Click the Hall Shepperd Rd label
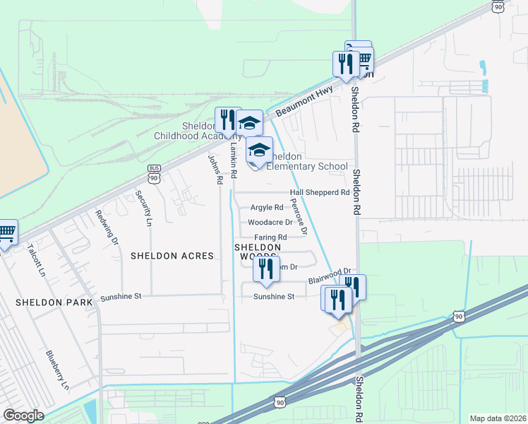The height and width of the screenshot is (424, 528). click(x=320, y=192)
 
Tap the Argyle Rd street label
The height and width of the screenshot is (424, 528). click(x=267, y=208)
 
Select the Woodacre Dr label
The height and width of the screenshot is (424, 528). click(x=270, y=222)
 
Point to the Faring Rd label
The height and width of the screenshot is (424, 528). click(x=270, y=237)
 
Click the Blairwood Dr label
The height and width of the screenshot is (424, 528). click(x=330, y=276)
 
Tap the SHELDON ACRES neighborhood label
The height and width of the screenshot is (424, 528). click(x=172, y=256)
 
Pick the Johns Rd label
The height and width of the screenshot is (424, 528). click(x=214, y=170)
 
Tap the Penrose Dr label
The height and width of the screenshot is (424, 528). click(x=299, y=216)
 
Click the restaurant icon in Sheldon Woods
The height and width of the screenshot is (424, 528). click(x=266, y=269)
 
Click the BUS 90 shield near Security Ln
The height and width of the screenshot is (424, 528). click(x=155, y=174)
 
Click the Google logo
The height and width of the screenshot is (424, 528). click(x=23, y=416)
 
